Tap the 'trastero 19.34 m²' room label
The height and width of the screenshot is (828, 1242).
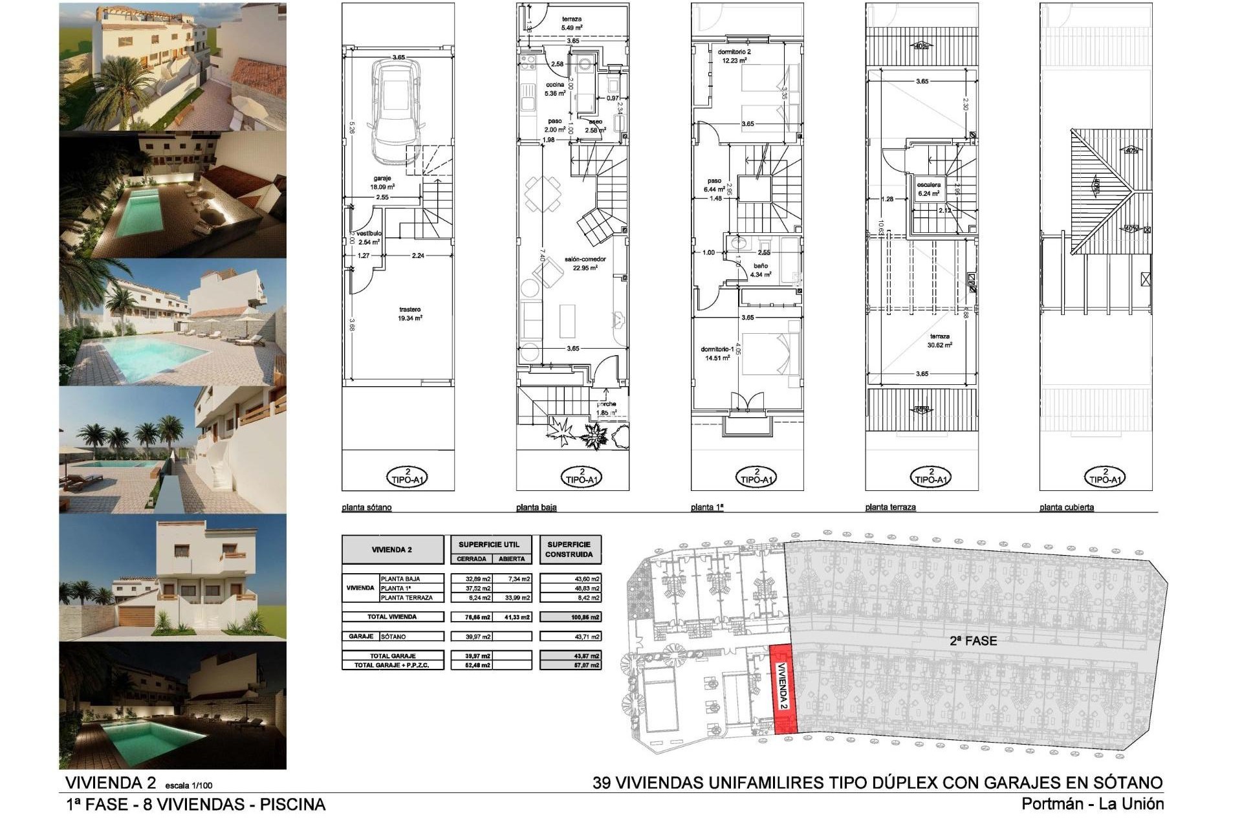point(410,314)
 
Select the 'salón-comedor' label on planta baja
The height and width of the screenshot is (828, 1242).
point(584,263)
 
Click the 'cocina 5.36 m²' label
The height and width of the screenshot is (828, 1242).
point(555,89)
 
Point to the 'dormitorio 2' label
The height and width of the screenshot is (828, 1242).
point(734,56)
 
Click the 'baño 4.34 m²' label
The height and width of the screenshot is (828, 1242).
point(761,270)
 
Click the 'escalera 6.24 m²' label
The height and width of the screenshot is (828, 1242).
point(929,189)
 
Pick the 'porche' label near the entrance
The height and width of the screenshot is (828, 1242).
point(606,408)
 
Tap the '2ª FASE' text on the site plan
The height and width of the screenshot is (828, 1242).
point(973,640)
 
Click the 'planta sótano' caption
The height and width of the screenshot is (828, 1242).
point(367,507)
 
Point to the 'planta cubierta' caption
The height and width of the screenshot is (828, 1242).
point(1067,507)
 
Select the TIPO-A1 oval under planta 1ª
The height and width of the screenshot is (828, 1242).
point(756,477)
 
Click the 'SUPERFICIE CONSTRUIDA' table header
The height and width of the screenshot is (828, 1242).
point(569,549)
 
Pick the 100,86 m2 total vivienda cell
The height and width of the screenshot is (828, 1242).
point(570,617)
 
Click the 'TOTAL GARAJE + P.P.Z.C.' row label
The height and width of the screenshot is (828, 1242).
point(392,665)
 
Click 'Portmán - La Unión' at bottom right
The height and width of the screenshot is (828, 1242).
point(1093,804)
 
